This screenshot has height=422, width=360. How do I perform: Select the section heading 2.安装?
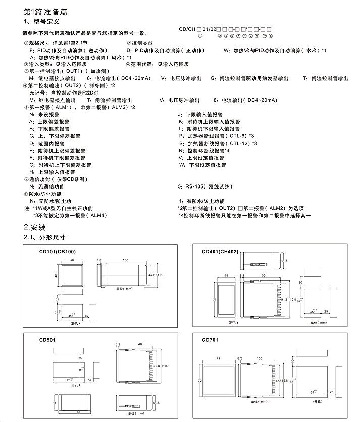click(x=35, y=227)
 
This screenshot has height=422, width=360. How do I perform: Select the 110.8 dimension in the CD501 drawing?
click(x=166, y=365)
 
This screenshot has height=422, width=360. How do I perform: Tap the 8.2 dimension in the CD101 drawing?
click(x=99, y=259)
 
